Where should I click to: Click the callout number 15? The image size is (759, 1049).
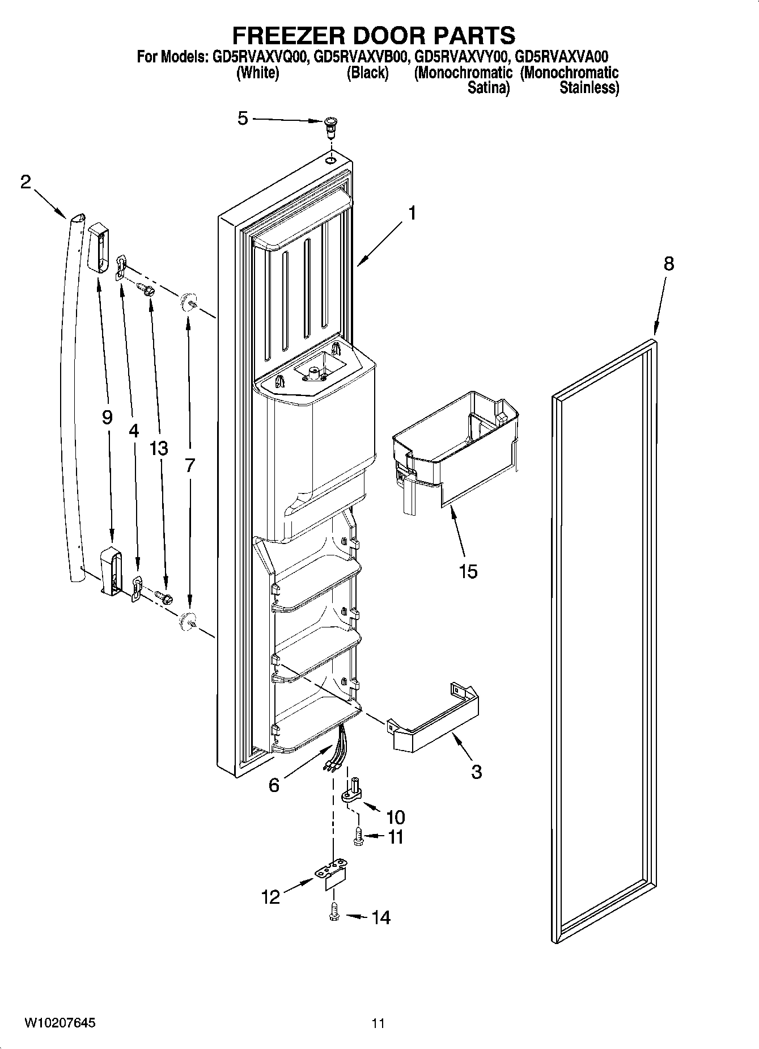(468, 571)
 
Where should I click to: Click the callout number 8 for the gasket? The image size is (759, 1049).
(669, 264)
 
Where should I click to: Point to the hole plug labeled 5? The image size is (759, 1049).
(329, 126)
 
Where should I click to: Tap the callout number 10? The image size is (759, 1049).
(395, 817)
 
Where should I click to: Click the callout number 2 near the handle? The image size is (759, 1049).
(26, 182)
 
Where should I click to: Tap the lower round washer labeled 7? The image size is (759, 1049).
(186, 621)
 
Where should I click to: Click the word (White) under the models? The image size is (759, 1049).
(257, 73)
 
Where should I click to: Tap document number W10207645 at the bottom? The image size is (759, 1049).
(60, 1023)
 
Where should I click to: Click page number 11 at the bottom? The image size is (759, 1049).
(378, 1023)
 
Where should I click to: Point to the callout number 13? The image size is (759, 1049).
(159, 448)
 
